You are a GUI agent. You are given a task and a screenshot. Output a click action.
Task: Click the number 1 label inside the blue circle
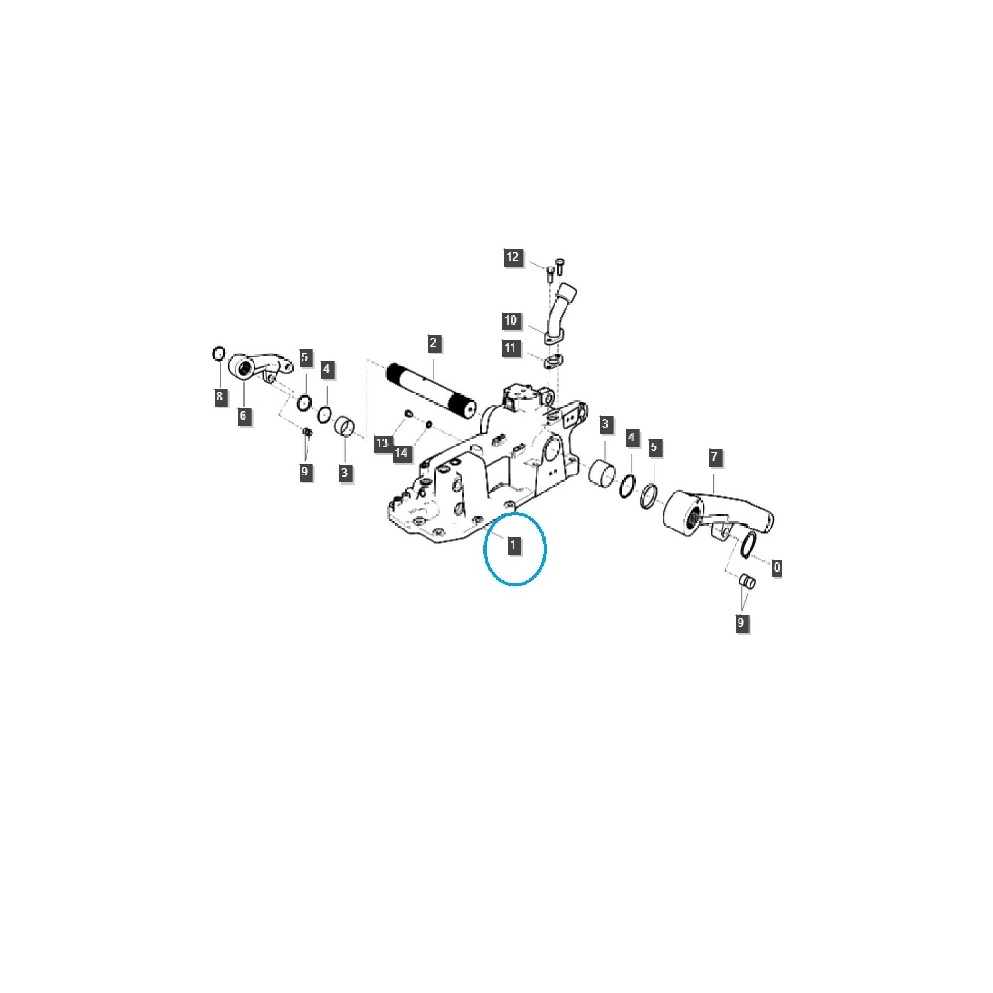(513, 546)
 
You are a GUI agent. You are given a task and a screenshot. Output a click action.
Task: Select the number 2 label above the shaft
(433, 343)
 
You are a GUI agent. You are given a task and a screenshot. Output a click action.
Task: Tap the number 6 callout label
(243, 416)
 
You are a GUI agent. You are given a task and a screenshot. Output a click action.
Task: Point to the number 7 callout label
(714, 457)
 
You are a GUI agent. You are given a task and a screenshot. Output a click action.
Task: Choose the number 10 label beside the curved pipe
(510, 321)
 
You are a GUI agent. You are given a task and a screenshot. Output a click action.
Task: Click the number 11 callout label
(510, 348)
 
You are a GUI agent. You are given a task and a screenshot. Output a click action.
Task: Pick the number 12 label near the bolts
(513, 257)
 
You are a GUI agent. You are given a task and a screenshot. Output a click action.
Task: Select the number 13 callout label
(382, 443)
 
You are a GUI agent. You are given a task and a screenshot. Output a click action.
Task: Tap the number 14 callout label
(401, 453)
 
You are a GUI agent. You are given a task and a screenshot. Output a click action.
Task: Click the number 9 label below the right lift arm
(740, 622)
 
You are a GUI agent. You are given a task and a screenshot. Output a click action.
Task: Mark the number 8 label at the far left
(219, 396)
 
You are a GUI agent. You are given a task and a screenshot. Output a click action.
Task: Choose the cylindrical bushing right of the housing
(601, 474)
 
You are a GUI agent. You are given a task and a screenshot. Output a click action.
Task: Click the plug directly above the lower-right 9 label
(747, 582)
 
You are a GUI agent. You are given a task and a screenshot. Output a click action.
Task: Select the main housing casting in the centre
(481, 472)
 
